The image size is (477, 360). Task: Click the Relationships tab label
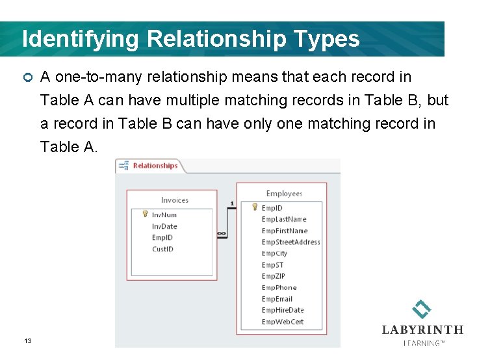pyautogui.click(x=155, y=166)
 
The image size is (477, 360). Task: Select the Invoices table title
pyautogui.click(x=174, y=200)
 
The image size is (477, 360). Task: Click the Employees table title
pyautogui.click(x=284, y=194)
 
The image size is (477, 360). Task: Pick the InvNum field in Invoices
pyautogui.click(x=164, y=215)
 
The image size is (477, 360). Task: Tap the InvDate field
pyautogui.click(x=164, y=227)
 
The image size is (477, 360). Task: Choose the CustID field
pyautogui.click(x=162, y=249)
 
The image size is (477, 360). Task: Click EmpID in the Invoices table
pyautogui.click(x=162, y=238)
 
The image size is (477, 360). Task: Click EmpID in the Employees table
pyautogui.click(x=272, y=208)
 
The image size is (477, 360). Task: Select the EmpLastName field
pyautogui.click(x=283, y=220)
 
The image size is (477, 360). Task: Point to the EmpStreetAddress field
pyautogui.click(x=290, y=242)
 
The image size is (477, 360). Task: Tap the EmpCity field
pyautogui.click(x=274, y=253)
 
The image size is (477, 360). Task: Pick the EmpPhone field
pyautogui.click(x=279, y=288)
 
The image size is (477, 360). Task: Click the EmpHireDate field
pyautogui.click(x=282, y=311)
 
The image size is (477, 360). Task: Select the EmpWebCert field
pyautogui.click(x=282, y=322)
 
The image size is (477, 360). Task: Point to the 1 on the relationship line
pyautogui.click(x=232, y=204)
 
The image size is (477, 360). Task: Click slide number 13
pyautogui.click(x=28, y=341)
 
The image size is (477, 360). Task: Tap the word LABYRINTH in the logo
pyautogui.click(x=422, y=330)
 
